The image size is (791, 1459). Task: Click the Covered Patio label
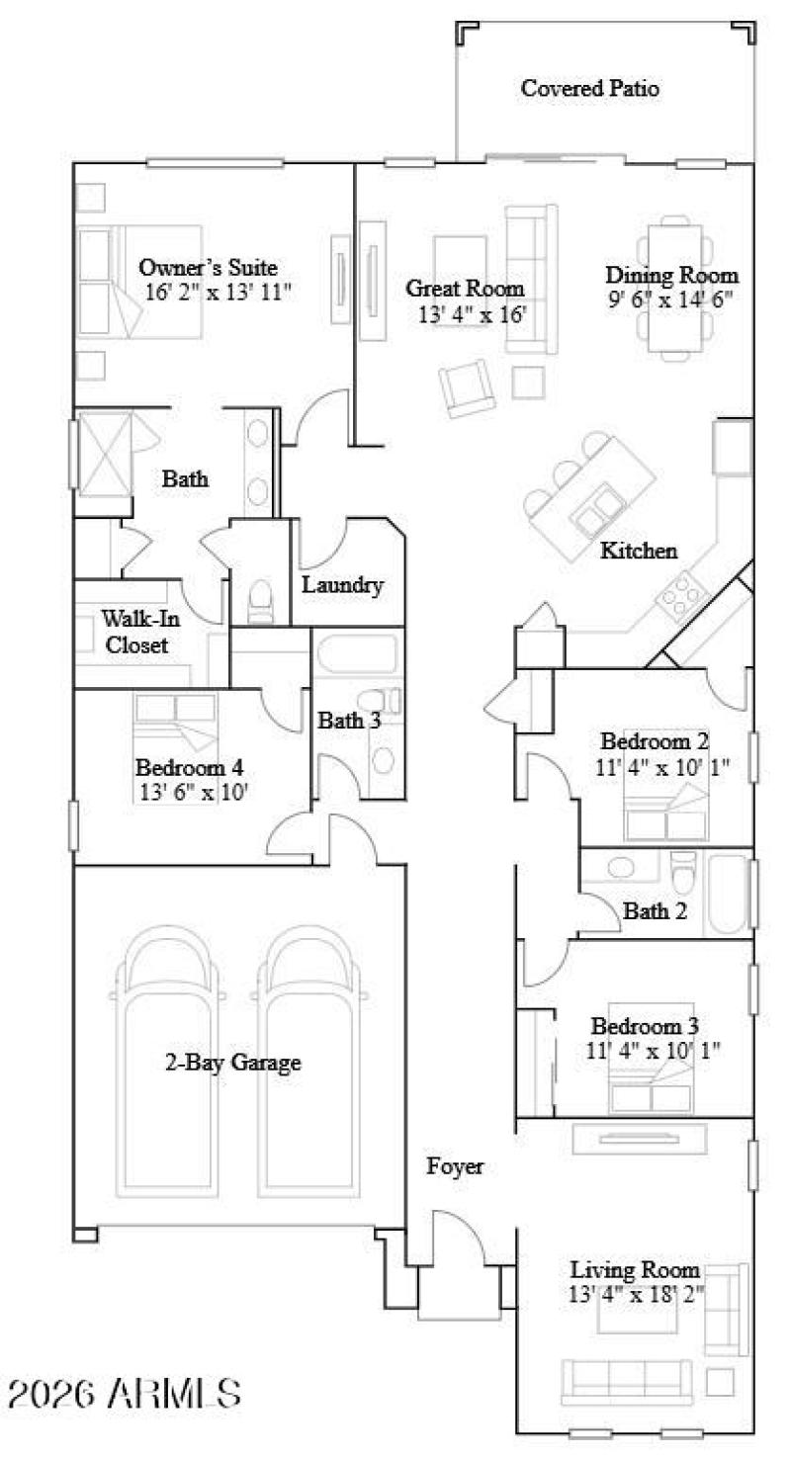tap(590, 89)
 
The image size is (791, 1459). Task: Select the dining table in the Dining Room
tap(676, 288)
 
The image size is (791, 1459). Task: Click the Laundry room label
tap(342, 585)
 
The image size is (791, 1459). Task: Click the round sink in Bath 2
tap(621, 868)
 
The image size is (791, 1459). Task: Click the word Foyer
tap(455, 1166)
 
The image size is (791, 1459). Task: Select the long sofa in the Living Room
tap(627, 1377)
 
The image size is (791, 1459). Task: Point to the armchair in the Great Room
tap(467, 387)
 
